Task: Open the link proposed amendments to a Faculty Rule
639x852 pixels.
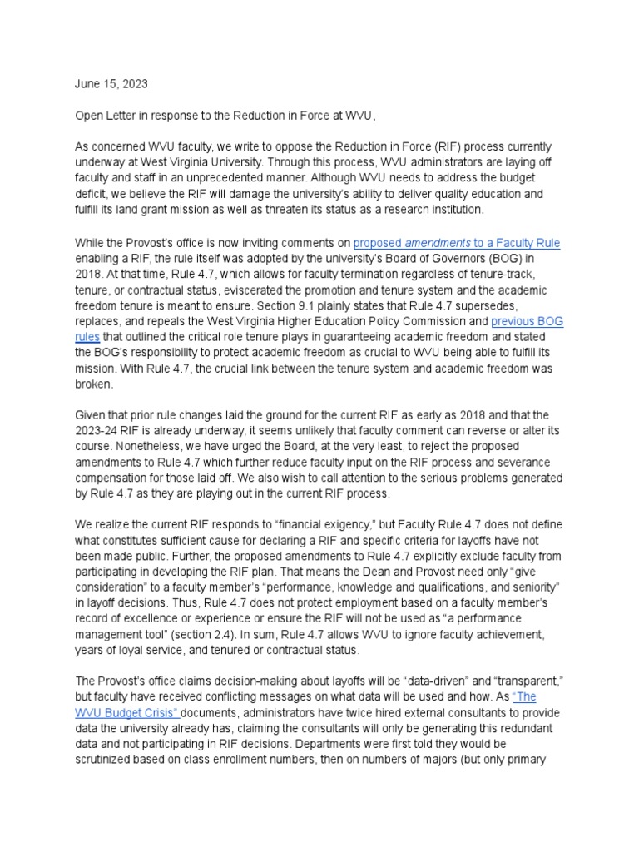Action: tap(456, 243)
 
